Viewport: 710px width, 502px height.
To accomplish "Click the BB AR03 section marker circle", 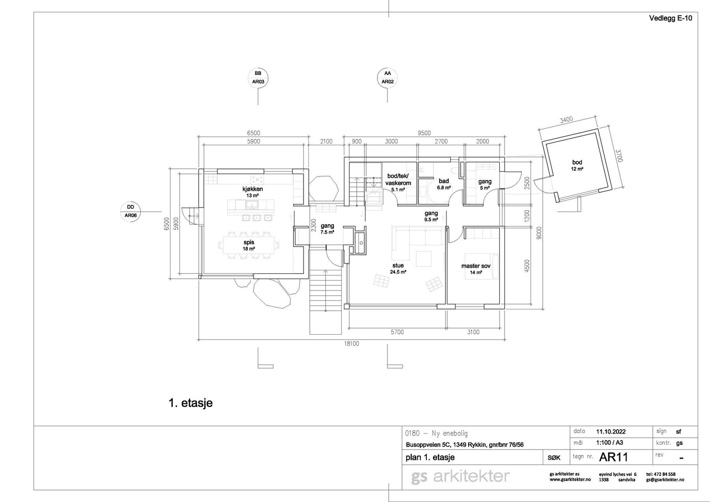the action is (x=258, y=68).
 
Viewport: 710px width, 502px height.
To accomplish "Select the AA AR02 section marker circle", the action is (x=387, y=68).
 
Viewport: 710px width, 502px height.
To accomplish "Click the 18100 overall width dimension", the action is (x=352, y=344).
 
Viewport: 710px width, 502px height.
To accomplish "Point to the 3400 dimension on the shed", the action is (x=566, y=119).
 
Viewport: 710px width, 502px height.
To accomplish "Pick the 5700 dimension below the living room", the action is (x=397, y=332).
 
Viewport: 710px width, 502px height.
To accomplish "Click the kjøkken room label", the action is (x=252, y=189).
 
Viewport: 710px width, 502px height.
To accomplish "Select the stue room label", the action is (x=398, y=265).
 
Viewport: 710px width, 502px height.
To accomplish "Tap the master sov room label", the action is (x=476, y=266).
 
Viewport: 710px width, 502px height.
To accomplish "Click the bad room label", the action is (x=444, y=181).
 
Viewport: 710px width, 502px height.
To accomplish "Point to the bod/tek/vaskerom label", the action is (x=398, y=179).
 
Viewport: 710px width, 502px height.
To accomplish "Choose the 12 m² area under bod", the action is (x=577, y=169).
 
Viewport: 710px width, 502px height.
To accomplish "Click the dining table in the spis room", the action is (x=249, y=245).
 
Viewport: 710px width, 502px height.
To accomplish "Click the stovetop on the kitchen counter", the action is (x=257, y=180).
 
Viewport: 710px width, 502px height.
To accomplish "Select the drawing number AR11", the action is (x=613, y=457).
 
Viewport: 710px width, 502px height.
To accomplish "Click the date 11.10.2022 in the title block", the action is (x=611, y=431).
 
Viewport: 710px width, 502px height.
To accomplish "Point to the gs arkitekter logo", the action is (x=460, y=477).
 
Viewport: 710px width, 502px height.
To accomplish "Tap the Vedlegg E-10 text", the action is (x=671, y=18).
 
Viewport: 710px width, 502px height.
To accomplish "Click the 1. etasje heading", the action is (x=191, y=403).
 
